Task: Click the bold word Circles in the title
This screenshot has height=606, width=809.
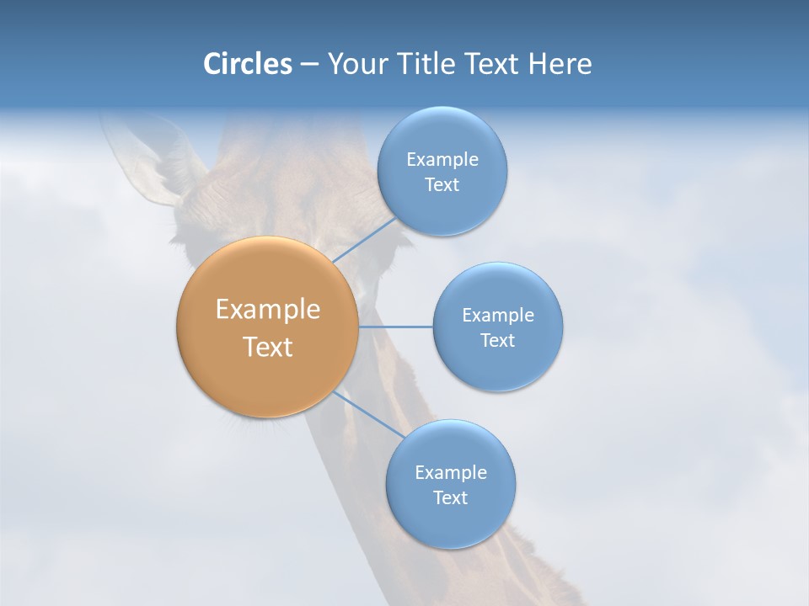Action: [247, 64]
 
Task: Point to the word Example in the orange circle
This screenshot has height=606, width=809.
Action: [267, 310]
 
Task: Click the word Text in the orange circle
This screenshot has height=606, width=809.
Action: [267, 347]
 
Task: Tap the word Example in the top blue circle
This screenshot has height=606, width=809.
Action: [442, 160]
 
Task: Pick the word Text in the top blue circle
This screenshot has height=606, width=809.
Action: [442, 185]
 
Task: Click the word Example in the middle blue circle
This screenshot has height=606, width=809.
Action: [497, 316]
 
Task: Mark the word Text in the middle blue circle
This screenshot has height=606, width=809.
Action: [497, 341]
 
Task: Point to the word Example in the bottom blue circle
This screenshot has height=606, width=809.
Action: [450, 473]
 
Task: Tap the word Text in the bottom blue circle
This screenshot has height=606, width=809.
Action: [450, 498]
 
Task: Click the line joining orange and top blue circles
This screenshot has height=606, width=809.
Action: [364, 240]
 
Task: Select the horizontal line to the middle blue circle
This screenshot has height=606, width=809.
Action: [396, 326]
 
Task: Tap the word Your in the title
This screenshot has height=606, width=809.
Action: [355, 64]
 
